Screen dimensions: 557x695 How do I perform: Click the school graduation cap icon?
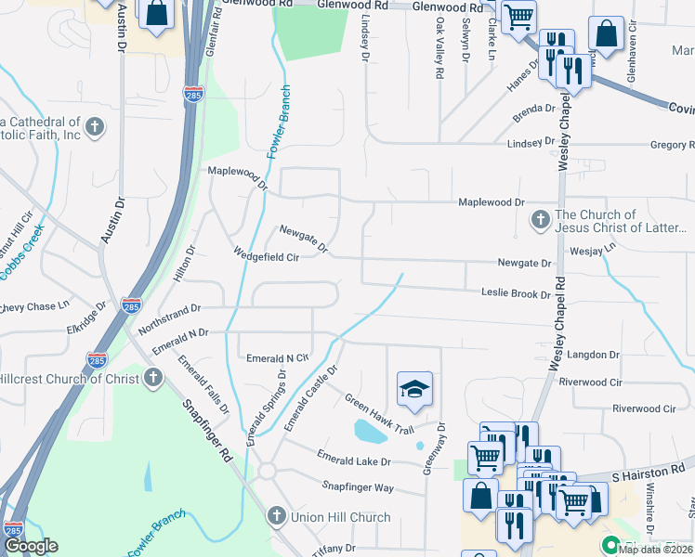tap(415, 389)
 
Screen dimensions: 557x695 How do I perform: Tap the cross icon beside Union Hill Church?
tap(276, 516)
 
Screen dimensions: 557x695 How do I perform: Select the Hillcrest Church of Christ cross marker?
tap(153, 378)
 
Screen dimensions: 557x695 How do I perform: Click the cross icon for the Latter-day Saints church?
tap(540, 220)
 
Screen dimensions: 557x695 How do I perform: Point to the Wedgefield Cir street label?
tap(266, 256)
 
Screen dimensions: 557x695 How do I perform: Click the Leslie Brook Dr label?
tap(516, 293)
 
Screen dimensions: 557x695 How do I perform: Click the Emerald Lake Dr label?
tap(354, 460)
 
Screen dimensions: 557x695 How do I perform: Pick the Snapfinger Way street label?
tap(358, 486)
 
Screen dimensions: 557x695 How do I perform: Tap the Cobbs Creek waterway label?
tap(22, 256)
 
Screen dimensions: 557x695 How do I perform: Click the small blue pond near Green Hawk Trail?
tap(370, 431)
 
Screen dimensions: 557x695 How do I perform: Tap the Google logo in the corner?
tap(31, 546)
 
